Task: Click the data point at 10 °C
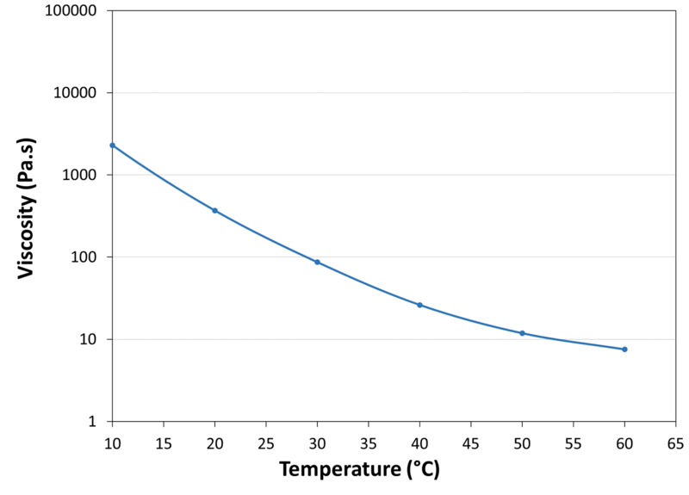pos(112,145)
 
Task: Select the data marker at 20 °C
pos(214,210)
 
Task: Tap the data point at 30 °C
pos(317,262)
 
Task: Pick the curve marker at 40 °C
pos(419,305)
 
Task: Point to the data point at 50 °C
pos(522,333)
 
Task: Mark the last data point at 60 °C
pos(624,349)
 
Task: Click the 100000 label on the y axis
pos(73,11)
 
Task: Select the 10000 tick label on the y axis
pos(78,93)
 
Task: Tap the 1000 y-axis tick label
pos(82,175)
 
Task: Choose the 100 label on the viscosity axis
pos(86,257)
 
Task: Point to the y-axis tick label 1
pos(95,422)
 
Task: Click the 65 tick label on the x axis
pos(675,442)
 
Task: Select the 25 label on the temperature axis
pos(265,442)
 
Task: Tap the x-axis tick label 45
pos(470,442)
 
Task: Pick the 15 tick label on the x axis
pos(163,442)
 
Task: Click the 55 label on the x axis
pos(573,442)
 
